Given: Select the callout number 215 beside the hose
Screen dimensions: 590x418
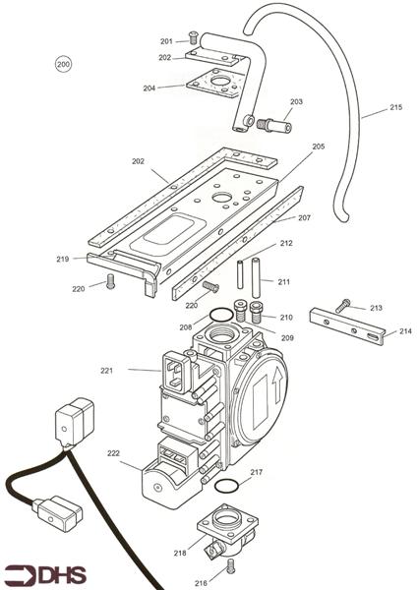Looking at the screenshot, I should (395, 107).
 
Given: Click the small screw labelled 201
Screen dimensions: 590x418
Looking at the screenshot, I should (194, 38).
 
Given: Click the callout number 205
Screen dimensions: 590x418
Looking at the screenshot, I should (318, 147).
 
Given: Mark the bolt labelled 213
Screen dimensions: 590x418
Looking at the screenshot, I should (341, 306).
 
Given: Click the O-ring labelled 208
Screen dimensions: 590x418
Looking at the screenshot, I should (222, 316).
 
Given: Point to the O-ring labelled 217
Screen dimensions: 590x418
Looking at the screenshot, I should (225, 488).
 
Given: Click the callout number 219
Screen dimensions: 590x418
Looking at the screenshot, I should (62, 260).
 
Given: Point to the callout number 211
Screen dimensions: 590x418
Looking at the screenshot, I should (283, 282).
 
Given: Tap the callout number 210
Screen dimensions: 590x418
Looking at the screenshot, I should (285, 318).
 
